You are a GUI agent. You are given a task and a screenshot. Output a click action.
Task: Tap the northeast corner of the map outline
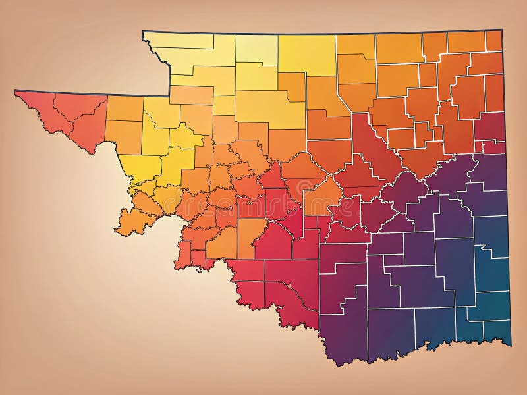pyautogui.click(x=501, y=30)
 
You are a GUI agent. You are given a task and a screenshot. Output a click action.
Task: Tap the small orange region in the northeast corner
pyautogui.click(x=493, y=40)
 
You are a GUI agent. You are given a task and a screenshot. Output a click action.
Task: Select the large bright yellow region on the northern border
pyautogui.click(x=306, y=55)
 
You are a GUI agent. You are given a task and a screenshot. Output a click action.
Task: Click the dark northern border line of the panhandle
pyautogui.click(x=92, y=93)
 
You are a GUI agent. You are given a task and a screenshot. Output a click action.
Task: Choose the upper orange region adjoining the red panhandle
pyautogui.click(x=125, y=109)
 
